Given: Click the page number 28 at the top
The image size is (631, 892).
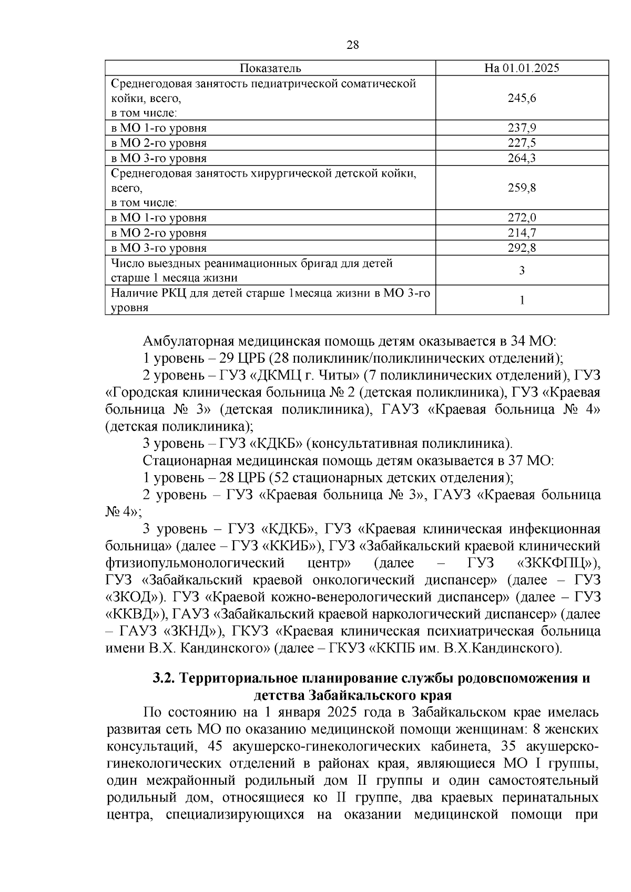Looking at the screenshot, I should pos(352,45).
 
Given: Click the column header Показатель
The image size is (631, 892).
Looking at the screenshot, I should pos(270,68).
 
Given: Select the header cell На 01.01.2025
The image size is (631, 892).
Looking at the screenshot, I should pos(522,68).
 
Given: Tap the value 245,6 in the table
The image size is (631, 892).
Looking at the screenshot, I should pos(522,98).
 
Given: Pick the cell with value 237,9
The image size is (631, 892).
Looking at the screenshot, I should pos(522,128).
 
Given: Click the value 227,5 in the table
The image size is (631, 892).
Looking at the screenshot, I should pos(522,143).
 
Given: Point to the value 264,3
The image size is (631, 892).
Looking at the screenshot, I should pos(522,158).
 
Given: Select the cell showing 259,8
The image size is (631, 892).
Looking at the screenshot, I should pos(522,188).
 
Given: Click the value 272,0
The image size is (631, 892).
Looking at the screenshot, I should pos(522,218).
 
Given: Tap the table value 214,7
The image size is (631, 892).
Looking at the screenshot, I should pos(522,233).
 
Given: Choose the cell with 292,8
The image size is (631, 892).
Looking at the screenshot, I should pos(522,248).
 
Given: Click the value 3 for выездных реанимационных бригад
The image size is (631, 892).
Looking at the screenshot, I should pos(522,271).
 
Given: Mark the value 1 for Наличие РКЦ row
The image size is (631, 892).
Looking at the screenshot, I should pos(522,300).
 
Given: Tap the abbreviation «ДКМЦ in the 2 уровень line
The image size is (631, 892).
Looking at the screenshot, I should pos(273,376).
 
